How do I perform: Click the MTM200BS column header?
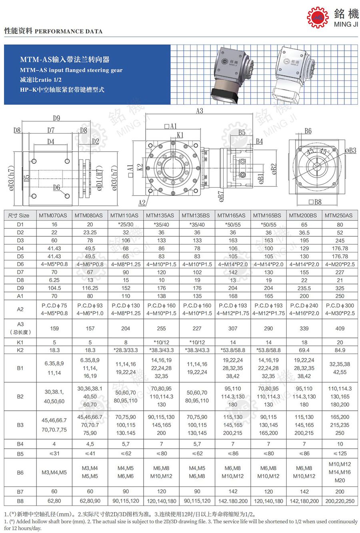tap(304, 215)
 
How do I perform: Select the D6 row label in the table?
tap(20, 264)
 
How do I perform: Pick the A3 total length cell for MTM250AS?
tap(340, 328)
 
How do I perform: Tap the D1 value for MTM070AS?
tap(54, 224)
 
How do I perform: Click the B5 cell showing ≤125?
tap(340, 453)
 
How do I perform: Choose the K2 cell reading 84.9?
tap(340, 350)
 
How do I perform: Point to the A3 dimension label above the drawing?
tap(199, 111)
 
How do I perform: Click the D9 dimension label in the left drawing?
tap(56, 118)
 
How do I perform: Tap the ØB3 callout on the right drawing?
tap(350, 150)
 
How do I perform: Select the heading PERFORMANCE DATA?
tap(68, 31)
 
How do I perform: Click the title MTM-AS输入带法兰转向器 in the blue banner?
tap(65, 60)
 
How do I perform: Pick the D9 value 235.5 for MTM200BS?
tap(304, 288)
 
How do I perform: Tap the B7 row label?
tap(20, 491)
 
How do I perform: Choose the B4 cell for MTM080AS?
tap(90, 444)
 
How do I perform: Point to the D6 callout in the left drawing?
tap(56, 187)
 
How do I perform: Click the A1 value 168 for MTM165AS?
tap(233, 296)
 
